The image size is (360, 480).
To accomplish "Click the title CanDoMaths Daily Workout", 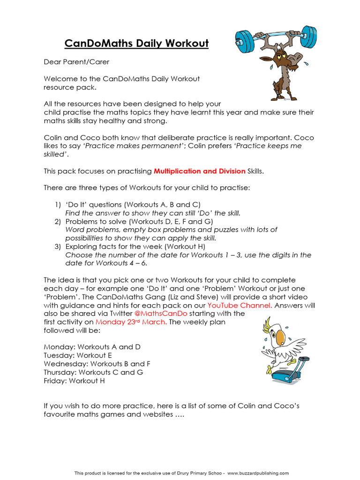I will coord(136,44).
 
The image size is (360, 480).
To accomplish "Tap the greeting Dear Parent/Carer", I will coord(76,61).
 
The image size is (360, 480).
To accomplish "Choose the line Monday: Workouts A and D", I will coord(92,347).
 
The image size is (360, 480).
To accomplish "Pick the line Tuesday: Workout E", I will coord(78,355).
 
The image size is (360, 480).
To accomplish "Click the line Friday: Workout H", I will coord(74,381).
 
